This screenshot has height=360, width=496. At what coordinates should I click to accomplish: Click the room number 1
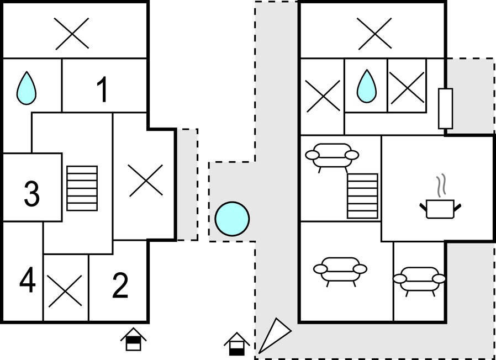(x=103, y=90)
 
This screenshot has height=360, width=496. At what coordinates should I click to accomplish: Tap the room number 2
(x=120, y=286)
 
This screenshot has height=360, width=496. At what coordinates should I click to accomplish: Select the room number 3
(x=31, y=194)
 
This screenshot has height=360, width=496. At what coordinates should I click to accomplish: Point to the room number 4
(x=28, y=280)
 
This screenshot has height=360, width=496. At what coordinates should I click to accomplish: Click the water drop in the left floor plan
(x=27, y=88)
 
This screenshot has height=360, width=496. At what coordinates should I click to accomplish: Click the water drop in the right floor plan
(x=367, y=86)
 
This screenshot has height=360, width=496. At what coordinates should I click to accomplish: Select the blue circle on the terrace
(x=232, y=219)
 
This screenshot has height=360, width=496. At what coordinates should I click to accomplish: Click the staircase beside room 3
(x=82, y=188)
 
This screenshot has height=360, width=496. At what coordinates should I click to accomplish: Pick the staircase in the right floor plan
(x=362, y=196)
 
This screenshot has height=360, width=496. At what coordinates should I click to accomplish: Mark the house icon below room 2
(x=133, y=339)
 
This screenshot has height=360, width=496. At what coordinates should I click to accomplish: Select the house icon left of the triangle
(x=237, y=344)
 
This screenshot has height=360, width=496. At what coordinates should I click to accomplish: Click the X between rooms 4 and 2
(x=65, y=291)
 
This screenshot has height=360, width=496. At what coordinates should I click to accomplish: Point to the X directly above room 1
(x=72, y=34)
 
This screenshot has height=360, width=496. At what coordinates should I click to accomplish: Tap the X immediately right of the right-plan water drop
(x=407, y=88)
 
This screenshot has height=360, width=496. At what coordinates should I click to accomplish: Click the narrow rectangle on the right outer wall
(x=445, y=109)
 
